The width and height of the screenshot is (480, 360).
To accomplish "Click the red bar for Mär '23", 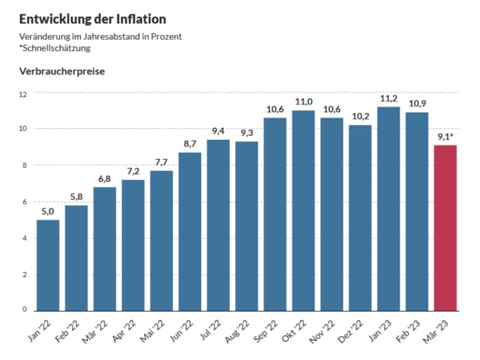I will pos(445,228).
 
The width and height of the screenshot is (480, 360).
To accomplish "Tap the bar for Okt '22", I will pos(304,211).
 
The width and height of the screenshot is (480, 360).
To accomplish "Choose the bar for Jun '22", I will pos(190,232).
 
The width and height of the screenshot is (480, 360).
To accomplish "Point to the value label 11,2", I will pos(389,99).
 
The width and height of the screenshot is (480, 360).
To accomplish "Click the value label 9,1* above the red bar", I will pos(446,137).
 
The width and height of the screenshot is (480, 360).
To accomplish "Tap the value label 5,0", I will pos(48,212).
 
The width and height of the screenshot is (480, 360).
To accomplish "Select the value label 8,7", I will pos(190,145).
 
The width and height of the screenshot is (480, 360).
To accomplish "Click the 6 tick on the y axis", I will pos(25,202).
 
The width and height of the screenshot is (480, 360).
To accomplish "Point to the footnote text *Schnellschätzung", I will pos(55,48).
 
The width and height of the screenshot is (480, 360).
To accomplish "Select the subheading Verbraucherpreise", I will pos(62,71).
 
